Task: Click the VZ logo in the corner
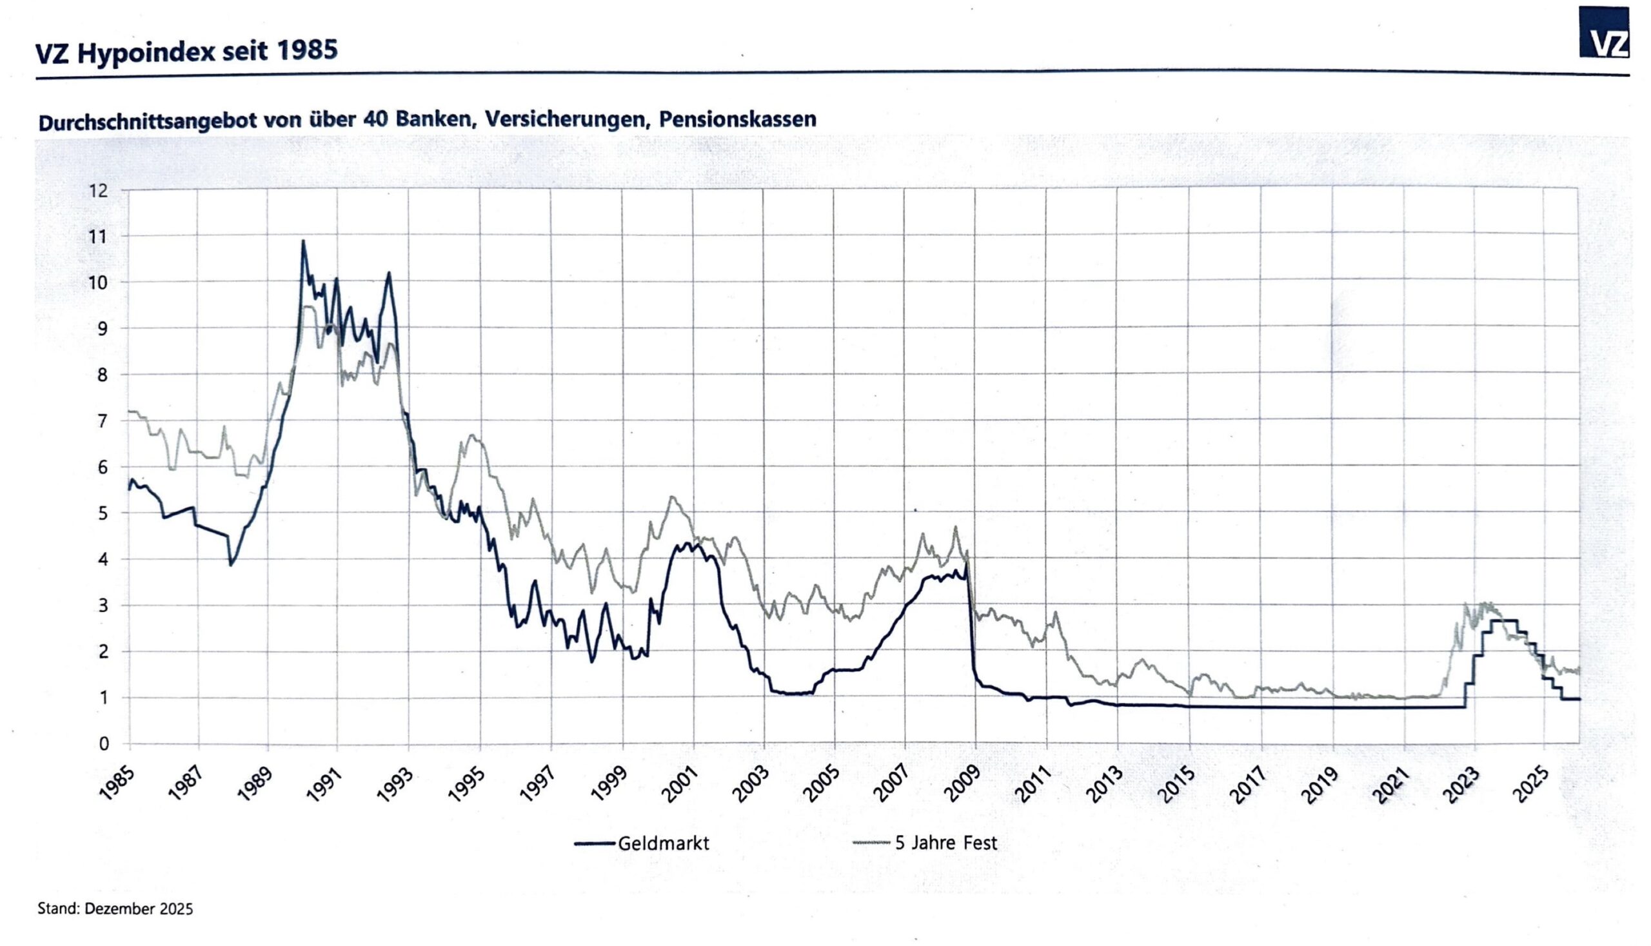coord(1603,32)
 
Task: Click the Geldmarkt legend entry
coord(642,843)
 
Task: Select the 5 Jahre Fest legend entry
coord(925,843)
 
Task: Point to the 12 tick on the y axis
coord(99,190)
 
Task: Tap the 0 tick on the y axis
coord(103,744)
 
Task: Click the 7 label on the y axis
coord(103,421)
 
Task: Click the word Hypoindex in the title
coord(145,53)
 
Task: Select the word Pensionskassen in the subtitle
coord(737,119)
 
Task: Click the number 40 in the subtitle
coord(376,120)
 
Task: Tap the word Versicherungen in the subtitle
coord(568,120)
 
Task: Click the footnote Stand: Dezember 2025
coord(115,909)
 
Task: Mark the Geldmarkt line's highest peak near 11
coord(302,241)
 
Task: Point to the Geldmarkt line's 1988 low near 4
coord(230,565)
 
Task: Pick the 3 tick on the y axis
coord(103,606)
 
